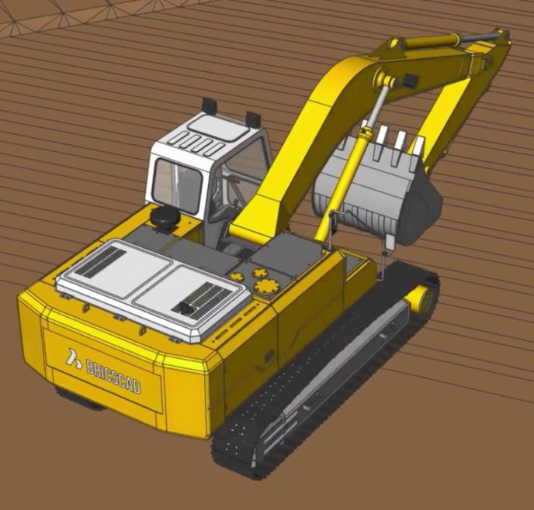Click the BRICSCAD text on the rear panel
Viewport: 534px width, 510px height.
click(113, 374)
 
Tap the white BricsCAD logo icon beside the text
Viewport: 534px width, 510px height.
click(73, 358)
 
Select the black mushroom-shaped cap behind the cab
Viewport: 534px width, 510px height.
click(166, 218)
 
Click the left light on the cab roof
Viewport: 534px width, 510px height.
click(207, 104)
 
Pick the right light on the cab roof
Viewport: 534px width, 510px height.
click(252, 118)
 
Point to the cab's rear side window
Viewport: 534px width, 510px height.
click(177, 186)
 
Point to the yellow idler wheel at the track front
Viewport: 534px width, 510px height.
click(421, 298)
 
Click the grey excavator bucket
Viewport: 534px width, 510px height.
click(373, 194)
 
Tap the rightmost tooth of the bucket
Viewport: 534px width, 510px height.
click(417, 145)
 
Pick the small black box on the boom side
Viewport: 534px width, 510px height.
click(409, 81)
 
